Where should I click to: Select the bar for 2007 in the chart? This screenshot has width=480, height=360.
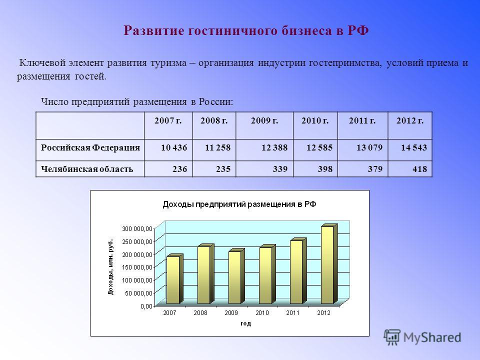pyautogui.click(x=174, y=279)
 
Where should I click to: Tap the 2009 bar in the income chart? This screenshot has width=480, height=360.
pyautogui.click(x=236, y=276)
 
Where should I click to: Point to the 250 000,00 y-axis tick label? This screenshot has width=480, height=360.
pyautogui.click(x=137, y=241)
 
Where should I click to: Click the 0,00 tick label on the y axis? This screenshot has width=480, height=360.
pyautogui.click(x=146, y=306)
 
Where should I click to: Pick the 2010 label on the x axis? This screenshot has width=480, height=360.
pyautogui.click(x=262, y=313)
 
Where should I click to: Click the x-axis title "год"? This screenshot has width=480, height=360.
pyautogui.click(x=246, y=323)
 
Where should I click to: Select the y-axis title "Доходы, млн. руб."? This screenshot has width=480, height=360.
pyautogui.click(x=110, y=266)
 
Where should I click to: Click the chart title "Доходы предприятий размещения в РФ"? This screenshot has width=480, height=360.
pyautogui.click(x=239, y=204)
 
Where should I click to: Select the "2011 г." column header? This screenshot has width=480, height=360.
pyautogui.click(x=362, y=120)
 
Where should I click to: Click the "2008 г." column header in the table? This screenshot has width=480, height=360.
pyautogui.click(x=214, y=120)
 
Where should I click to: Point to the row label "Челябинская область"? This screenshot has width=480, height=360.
pyautogui.click(x=87, y=169)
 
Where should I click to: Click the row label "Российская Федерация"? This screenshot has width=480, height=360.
pyautogui.click(x=90, y=147)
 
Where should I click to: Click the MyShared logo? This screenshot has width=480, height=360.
pyautogui.click(x=422, y=337)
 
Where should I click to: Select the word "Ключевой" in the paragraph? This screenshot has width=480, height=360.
pyautogui.click(x=42, y=63)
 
